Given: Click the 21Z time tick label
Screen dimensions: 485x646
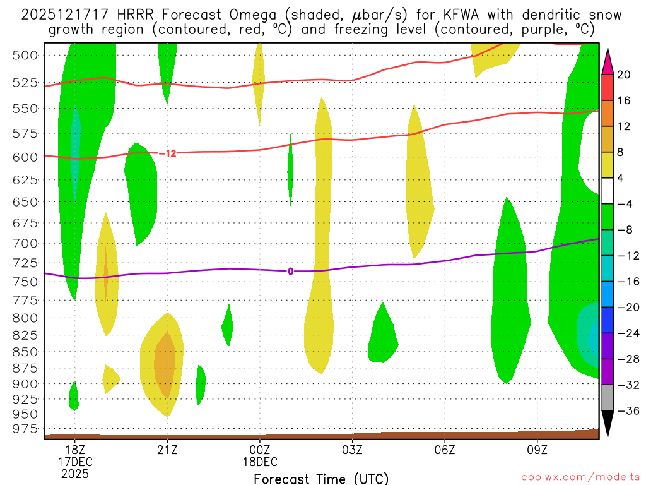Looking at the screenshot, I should tap(167, 450).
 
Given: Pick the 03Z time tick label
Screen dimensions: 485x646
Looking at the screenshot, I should tap(352, 450).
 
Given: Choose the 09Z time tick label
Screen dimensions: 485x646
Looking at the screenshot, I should tap(537, 450).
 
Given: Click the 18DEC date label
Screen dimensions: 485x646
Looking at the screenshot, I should tap(260, 462).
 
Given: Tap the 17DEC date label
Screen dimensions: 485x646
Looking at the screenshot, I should tap(75, 462).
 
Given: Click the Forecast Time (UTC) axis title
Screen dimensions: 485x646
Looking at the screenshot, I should tap(321, 478).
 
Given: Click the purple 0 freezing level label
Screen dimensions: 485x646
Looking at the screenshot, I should tap(290, 272).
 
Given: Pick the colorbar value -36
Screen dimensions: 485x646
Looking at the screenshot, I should tap(625, 410).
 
